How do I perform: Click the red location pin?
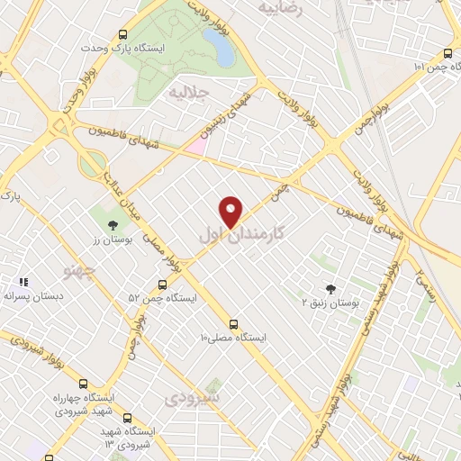231,211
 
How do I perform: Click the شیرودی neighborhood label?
200,396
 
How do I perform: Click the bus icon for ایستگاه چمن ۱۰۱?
448,52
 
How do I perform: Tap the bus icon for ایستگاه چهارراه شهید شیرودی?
84,384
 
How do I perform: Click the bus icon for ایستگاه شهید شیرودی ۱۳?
126,419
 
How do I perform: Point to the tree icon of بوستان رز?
112,226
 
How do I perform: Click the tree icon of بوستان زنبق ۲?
331,289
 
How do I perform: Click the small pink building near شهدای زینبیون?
196,144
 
